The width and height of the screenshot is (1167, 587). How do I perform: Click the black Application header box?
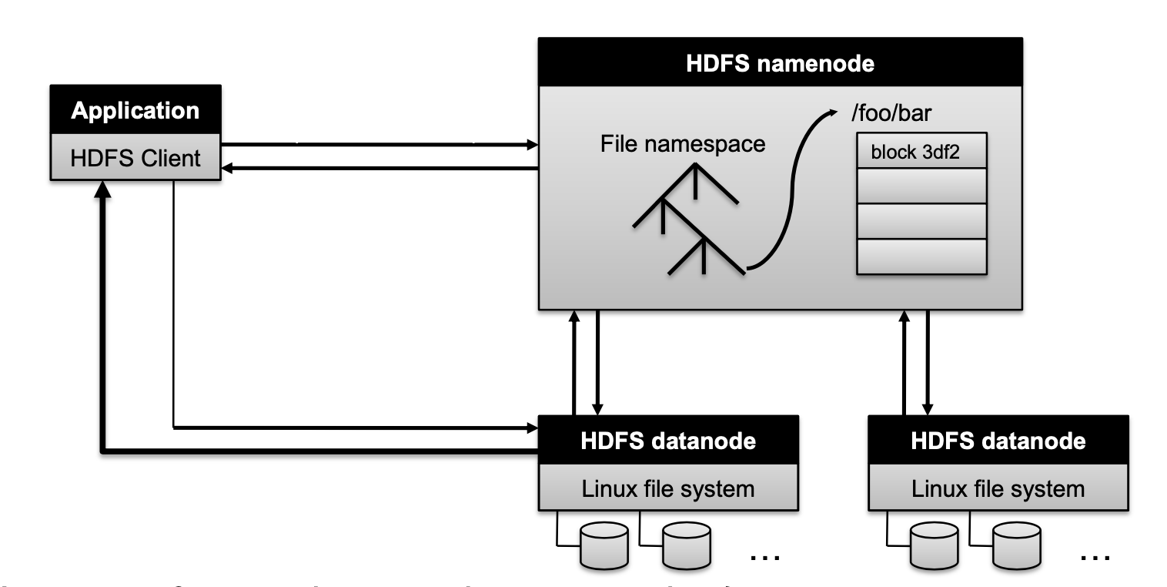135,111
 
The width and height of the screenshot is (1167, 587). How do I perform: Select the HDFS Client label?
135,159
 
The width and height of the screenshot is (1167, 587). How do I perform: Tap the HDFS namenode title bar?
780,63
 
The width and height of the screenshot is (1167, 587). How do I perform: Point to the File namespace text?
683,143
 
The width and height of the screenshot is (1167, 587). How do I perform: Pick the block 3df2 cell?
921,152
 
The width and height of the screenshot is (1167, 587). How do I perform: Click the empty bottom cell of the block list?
921,257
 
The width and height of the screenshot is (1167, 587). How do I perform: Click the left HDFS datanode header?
667,441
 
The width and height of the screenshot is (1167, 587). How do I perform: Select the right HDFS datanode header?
998,441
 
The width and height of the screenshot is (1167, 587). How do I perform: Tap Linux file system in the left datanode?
667,488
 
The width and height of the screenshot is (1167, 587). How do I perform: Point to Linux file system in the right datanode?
998,488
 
